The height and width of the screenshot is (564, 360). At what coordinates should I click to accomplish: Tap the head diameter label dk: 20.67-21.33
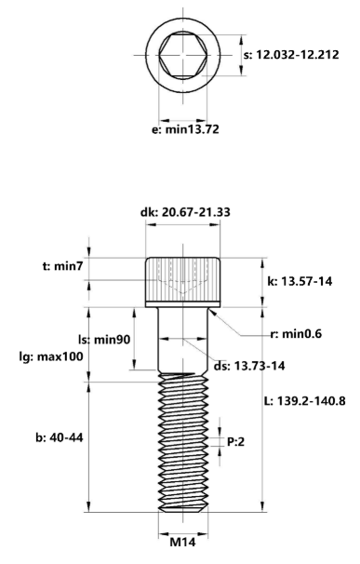tap(185, 212)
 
